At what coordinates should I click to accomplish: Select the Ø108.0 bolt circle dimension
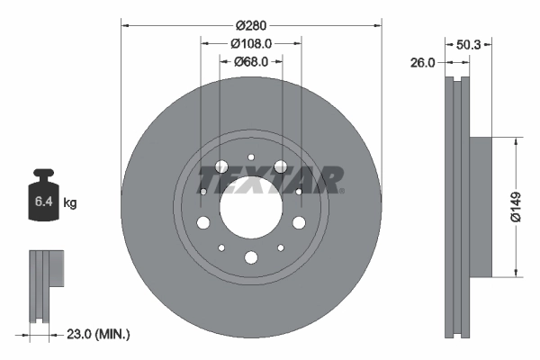(x=251, y=43)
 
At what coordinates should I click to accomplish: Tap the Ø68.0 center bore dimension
(x=251, y=61)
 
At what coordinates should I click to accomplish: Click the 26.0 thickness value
(x=423, y=62)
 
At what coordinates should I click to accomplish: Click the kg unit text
(x=70, y=203)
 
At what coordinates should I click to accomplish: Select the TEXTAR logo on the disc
(x=269, y=178)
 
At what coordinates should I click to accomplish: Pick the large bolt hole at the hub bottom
(x=251, y=258)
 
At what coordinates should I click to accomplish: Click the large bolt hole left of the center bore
(x=203, y=223)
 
